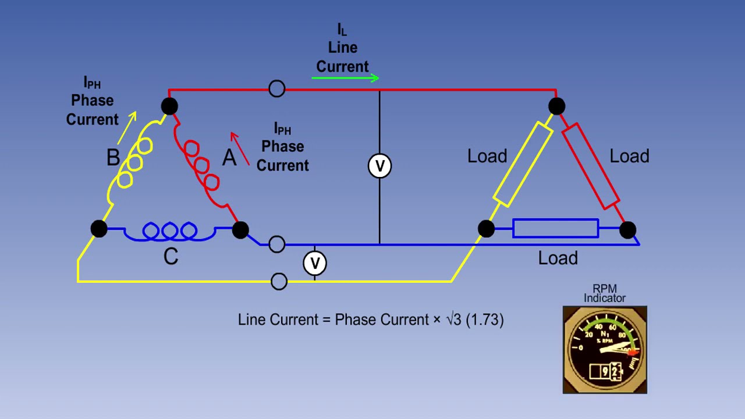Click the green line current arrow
(345, 77)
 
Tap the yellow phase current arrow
(127, 128)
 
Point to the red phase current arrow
(239, 148)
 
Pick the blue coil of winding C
(169, 232)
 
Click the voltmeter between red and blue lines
(379, 166)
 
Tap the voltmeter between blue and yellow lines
(315, 263)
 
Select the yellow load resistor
(523, 164)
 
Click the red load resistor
(590, 165)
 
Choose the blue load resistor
(555, 229)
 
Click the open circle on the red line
(277, 89)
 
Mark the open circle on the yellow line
(279, 282)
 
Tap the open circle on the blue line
(277, 244)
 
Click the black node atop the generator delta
(169, 106)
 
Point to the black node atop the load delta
(556, 106)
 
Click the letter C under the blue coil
(171, 257)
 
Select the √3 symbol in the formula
(454, 319)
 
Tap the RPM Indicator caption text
(605, 293)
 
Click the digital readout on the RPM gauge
(606, 371)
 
